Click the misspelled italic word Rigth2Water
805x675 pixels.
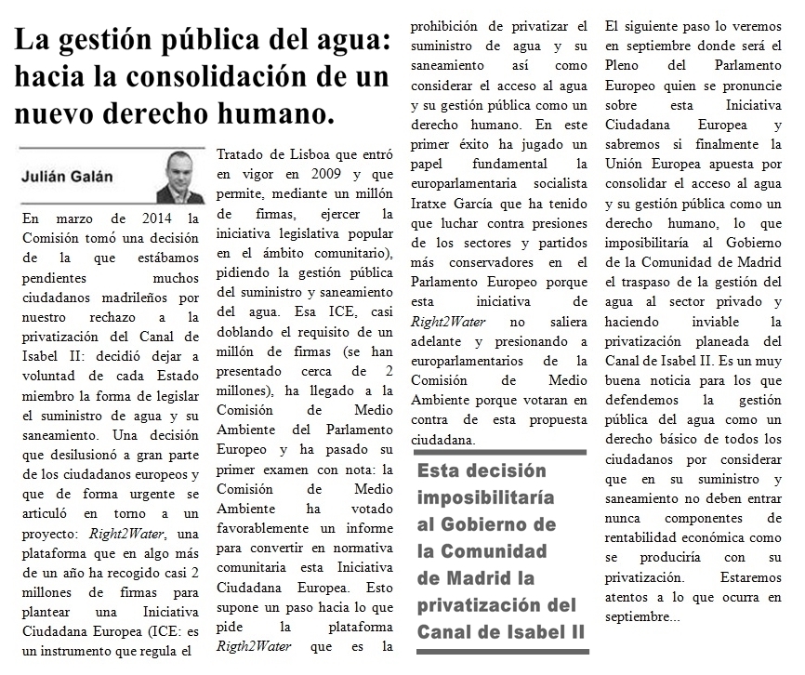tap(253, 645)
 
